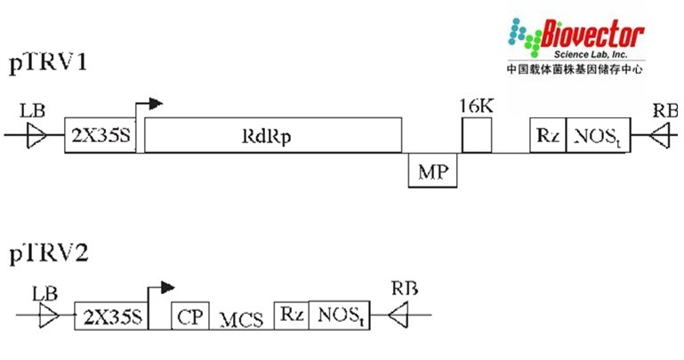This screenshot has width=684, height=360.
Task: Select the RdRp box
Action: coord(271,135)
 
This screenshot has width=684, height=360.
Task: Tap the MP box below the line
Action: coord(431,170)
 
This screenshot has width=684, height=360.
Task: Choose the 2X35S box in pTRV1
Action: coord(100,135)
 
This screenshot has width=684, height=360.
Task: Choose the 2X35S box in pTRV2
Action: coord(109,316)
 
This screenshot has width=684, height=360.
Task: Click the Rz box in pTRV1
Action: coord(547,135)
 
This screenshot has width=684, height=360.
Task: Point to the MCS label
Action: coord(241,318)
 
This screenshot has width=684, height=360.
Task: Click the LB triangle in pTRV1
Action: coord(36,135)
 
